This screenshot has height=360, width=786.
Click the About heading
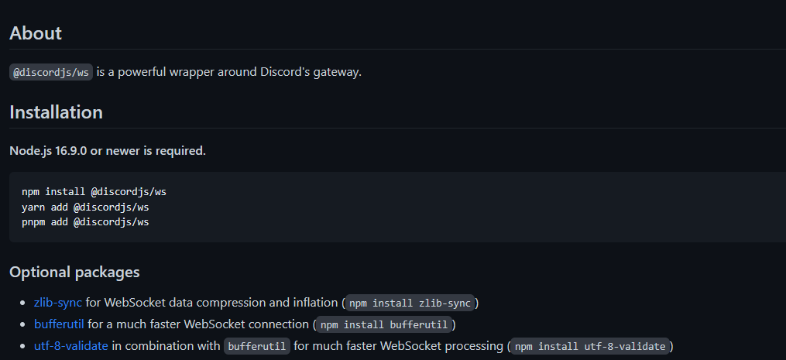pyautogui.click(x=36, y=33)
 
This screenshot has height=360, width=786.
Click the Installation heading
pyautogui.click(x=56, y=111)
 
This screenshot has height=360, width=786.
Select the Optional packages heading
pyautogui.click(x=74, y=272)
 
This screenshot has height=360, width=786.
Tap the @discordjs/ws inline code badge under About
pyautogui.click(x=51, y=72)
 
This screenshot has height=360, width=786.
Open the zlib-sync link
pyautogui.click(x=57, y=303)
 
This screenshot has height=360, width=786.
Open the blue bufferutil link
pyautogui.click(x=59, y=324)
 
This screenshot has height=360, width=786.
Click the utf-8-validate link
pyautogui.click(x=71, y=346)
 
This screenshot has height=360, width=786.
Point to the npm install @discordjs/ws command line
pyautogui.click(x=94, y=191)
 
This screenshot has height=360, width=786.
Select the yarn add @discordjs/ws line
pyautogui.click(x=86, y=207)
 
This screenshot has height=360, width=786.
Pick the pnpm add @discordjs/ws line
pyautogui.click(x=86, y=221)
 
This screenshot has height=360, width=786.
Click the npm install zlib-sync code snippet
pyautogui.click(x=410, y=303)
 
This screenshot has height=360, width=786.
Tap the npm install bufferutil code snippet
pyautogui.click(x=384, y=324)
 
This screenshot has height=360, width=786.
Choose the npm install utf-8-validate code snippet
pyautogui.click(x=590, y=346)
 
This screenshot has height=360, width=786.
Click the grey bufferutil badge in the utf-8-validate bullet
pyautogui.click(x=257, y=346)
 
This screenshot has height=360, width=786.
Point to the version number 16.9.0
pyautogui.click(x=71, y=151)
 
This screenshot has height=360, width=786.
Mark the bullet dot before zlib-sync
pyautogui.click(x=22, y=303)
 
